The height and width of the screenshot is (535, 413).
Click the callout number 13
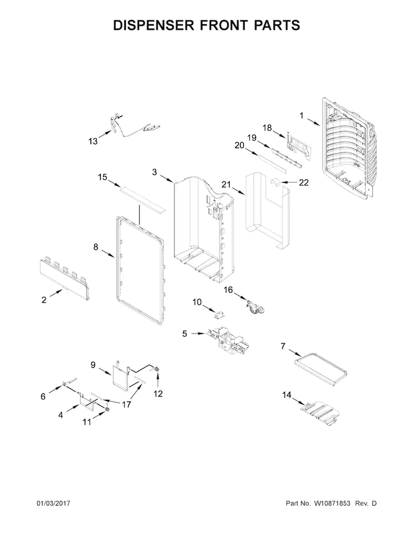(93, 142)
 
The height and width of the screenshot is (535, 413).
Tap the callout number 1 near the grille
(301, 115)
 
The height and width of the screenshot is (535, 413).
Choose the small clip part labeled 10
(221, 314)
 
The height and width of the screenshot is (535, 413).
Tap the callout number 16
(228, 289)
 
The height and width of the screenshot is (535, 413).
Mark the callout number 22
(303, 183)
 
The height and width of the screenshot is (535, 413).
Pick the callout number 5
(185, 333)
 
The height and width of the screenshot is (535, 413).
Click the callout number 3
(155, 172)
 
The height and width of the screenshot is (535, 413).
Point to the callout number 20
(239, 146)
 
